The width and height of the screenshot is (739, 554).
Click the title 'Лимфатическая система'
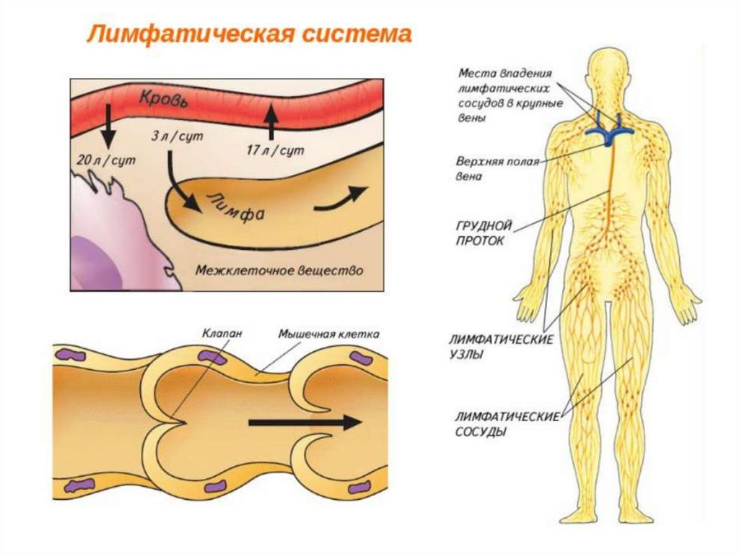pyautogui.click(x=249, y=35)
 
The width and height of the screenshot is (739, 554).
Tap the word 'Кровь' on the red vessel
pyautogui.click(x=164, y=99)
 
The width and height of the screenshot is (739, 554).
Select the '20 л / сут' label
pyautogui.click(x=106, y=160)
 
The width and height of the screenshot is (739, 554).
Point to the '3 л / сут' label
pyautogui.click(x=178, y=137)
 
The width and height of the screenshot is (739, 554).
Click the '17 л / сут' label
pyautogui.click(x=276, y=150)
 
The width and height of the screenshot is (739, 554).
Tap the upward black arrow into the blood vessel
pyautogui.click(x=271, y=122)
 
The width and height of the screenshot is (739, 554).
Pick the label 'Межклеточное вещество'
pyautogui.click(x=279, y=270)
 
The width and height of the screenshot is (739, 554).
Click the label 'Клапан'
pyautogui.click(x=222, y=333)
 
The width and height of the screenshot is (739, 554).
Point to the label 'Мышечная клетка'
pyautogui.click(x=328, y=334)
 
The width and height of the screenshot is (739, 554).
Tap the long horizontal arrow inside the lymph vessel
pyautogui.click(x=304, y=423)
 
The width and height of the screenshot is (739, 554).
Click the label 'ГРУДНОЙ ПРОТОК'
pyautogui.click(x=484, y=233)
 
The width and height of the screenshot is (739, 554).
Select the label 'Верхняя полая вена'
pyautogui.click(x=497, y=169)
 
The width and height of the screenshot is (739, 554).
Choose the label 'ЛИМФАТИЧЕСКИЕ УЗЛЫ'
pyautogui.click(x=501, y=347)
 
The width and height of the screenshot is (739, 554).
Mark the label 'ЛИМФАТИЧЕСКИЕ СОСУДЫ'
pyautogui.click(x=507, y=424)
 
